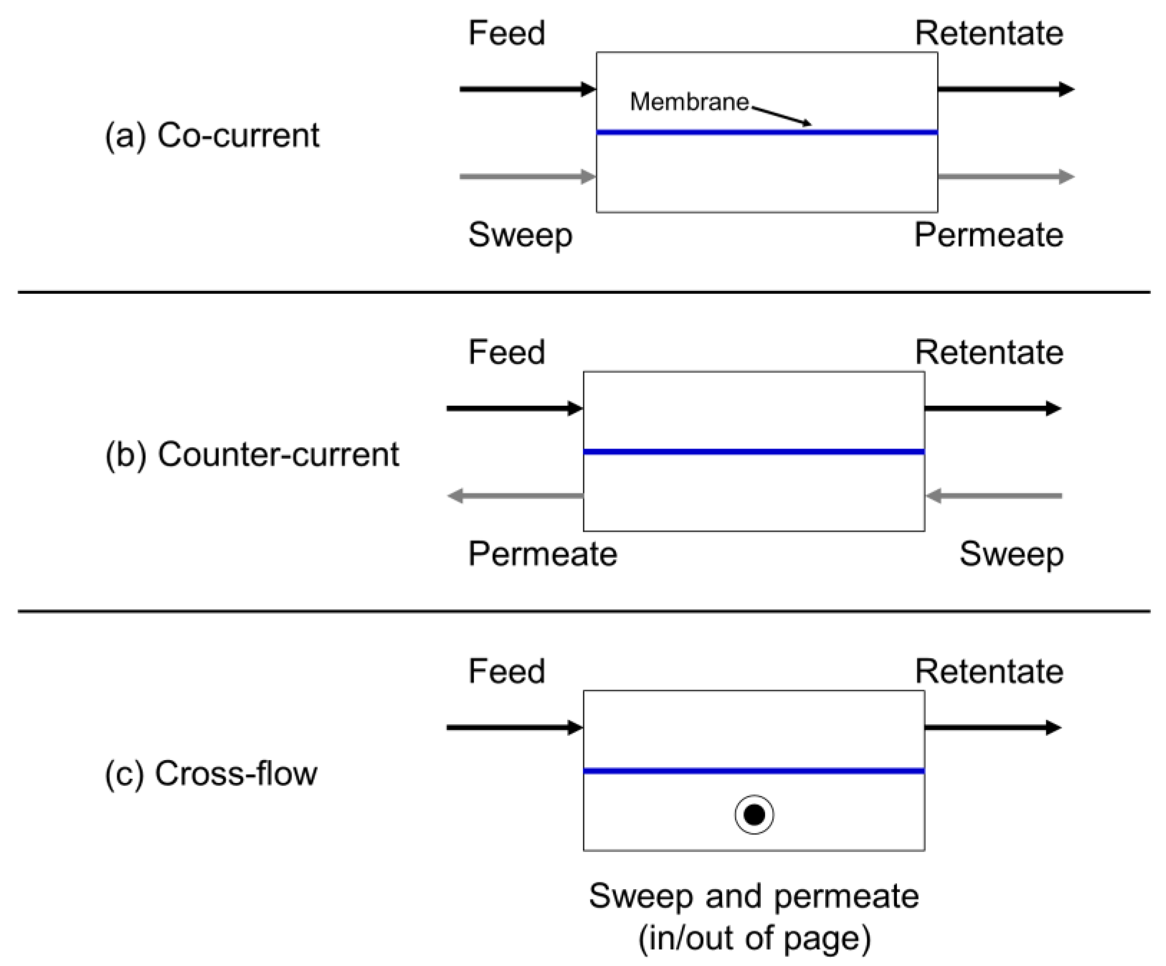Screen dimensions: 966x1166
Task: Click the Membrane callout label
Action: point(689,102)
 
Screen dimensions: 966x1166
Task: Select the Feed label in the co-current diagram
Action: point(507,33)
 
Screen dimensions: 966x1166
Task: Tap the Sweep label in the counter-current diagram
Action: point(1011,554)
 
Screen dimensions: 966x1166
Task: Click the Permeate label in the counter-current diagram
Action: point(542,554)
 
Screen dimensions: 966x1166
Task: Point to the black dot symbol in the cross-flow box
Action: point(754,815)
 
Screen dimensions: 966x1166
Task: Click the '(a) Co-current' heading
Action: point(212,135)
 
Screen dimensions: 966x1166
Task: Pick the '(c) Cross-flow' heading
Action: point(211,773)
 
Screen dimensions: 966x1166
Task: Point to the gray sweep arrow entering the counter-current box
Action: point(994,495)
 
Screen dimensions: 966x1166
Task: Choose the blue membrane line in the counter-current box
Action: point(754,452)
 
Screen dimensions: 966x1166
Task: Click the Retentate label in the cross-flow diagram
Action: point(989,672)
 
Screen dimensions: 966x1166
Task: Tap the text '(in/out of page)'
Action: point(754,938)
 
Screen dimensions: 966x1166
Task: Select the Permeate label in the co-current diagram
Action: point(988,235)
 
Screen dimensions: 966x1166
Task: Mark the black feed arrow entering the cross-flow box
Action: point(514,727)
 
